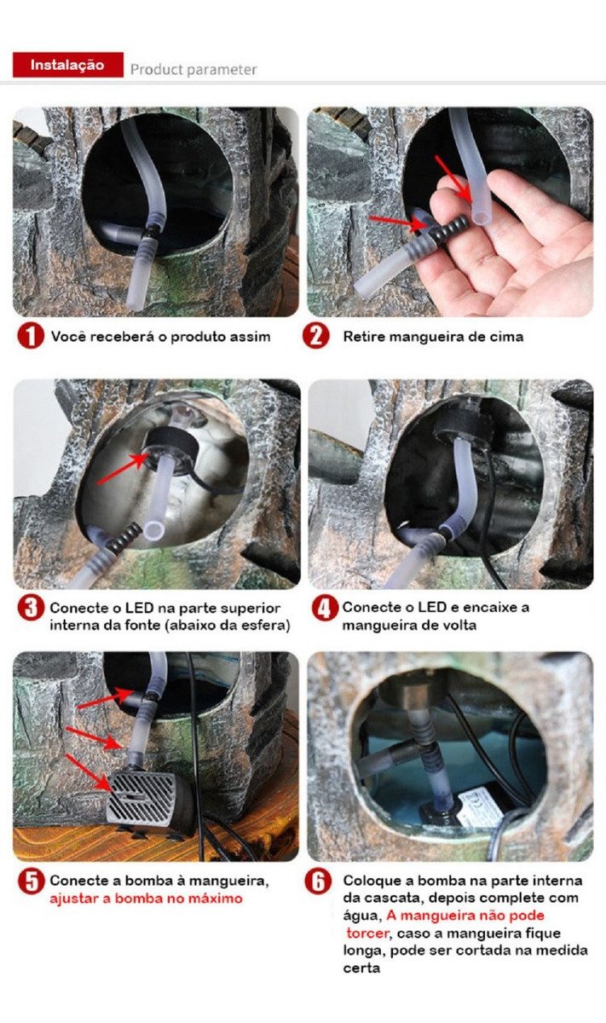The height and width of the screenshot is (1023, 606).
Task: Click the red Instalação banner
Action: [68, 65]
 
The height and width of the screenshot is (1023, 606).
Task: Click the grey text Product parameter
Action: [193, 69]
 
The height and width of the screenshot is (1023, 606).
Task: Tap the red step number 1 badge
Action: [31, 336]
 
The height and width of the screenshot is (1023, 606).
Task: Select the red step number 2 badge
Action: [315, 336]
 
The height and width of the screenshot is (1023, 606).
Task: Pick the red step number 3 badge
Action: [31, 608]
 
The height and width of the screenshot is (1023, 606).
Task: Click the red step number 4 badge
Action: [325, 608]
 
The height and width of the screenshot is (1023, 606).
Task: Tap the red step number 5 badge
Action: [31, 881]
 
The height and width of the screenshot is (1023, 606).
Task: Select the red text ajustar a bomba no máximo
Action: [146, 899]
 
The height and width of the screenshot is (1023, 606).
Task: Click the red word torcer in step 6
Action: [367, 933]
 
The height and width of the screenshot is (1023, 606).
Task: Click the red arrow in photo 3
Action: [124, 468]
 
